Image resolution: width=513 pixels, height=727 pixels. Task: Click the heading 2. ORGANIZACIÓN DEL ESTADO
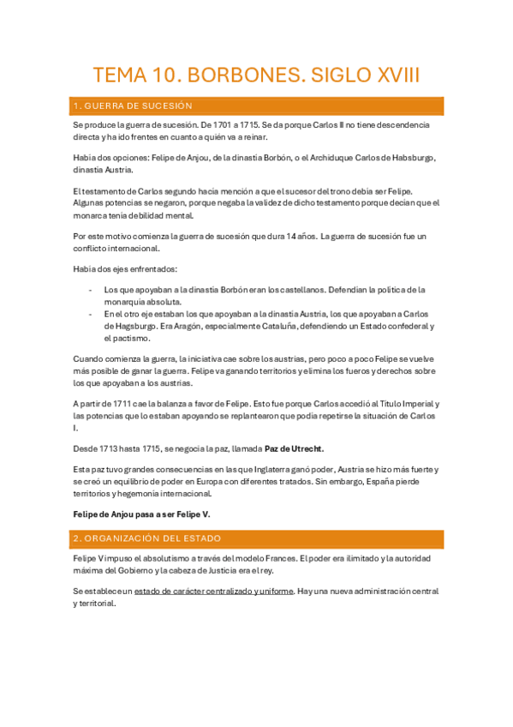[x=147, y=538]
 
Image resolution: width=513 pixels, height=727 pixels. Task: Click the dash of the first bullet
[x=92, y=290]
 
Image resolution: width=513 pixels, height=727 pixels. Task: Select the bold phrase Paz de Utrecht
[x=294, y=448]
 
